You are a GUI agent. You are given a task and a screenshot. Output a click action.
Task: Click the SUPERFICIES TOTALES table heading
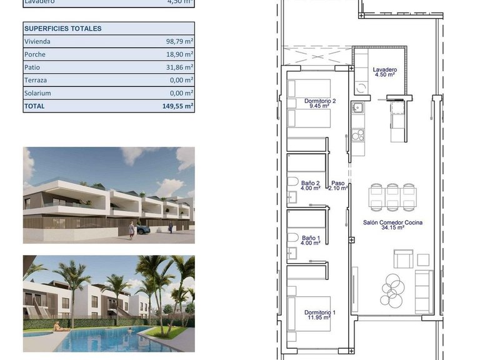(x=62, y=29)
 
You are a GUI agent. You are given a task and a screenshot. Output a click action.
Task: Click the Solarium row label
(x=37, y=93)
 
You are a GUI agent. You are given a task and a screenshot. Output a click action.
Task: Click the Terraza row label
(x=36, y=81)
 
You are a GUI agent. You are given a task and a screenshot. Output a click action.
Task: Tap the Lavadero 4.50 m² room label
(x=384, y=72)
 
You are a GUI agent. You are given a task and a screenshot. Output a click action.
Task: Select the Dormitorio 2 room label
(x=320, y=103)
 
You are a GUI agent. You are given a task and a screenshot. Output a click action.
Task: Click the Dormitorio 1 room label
(x=320, y=315)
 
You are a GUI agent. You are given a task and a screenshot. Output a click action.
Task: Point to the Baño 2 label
(x=311, y=185)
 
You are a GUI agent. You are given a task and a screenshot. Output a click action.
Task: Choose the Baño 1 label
(x=311, y=241)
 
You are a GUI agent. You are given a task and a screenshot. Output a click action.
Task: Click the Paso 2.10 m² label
(x=338, y=186)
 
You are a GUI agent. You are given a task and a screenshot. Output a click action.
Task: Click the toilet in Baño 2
(x=292, y=182)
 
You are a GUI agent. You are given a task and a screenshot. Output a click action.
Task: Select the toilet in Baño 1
(x=292, y=237)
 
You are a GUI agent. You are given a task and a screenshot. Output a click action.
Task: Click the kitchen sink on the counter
(x=357, y=107)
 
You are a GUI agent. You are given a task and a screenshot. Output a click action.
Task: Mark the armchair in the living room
(x=403, y=259)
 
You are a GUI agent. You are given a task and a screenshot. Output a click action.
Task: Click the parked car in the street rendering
(x=142, y=229)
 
